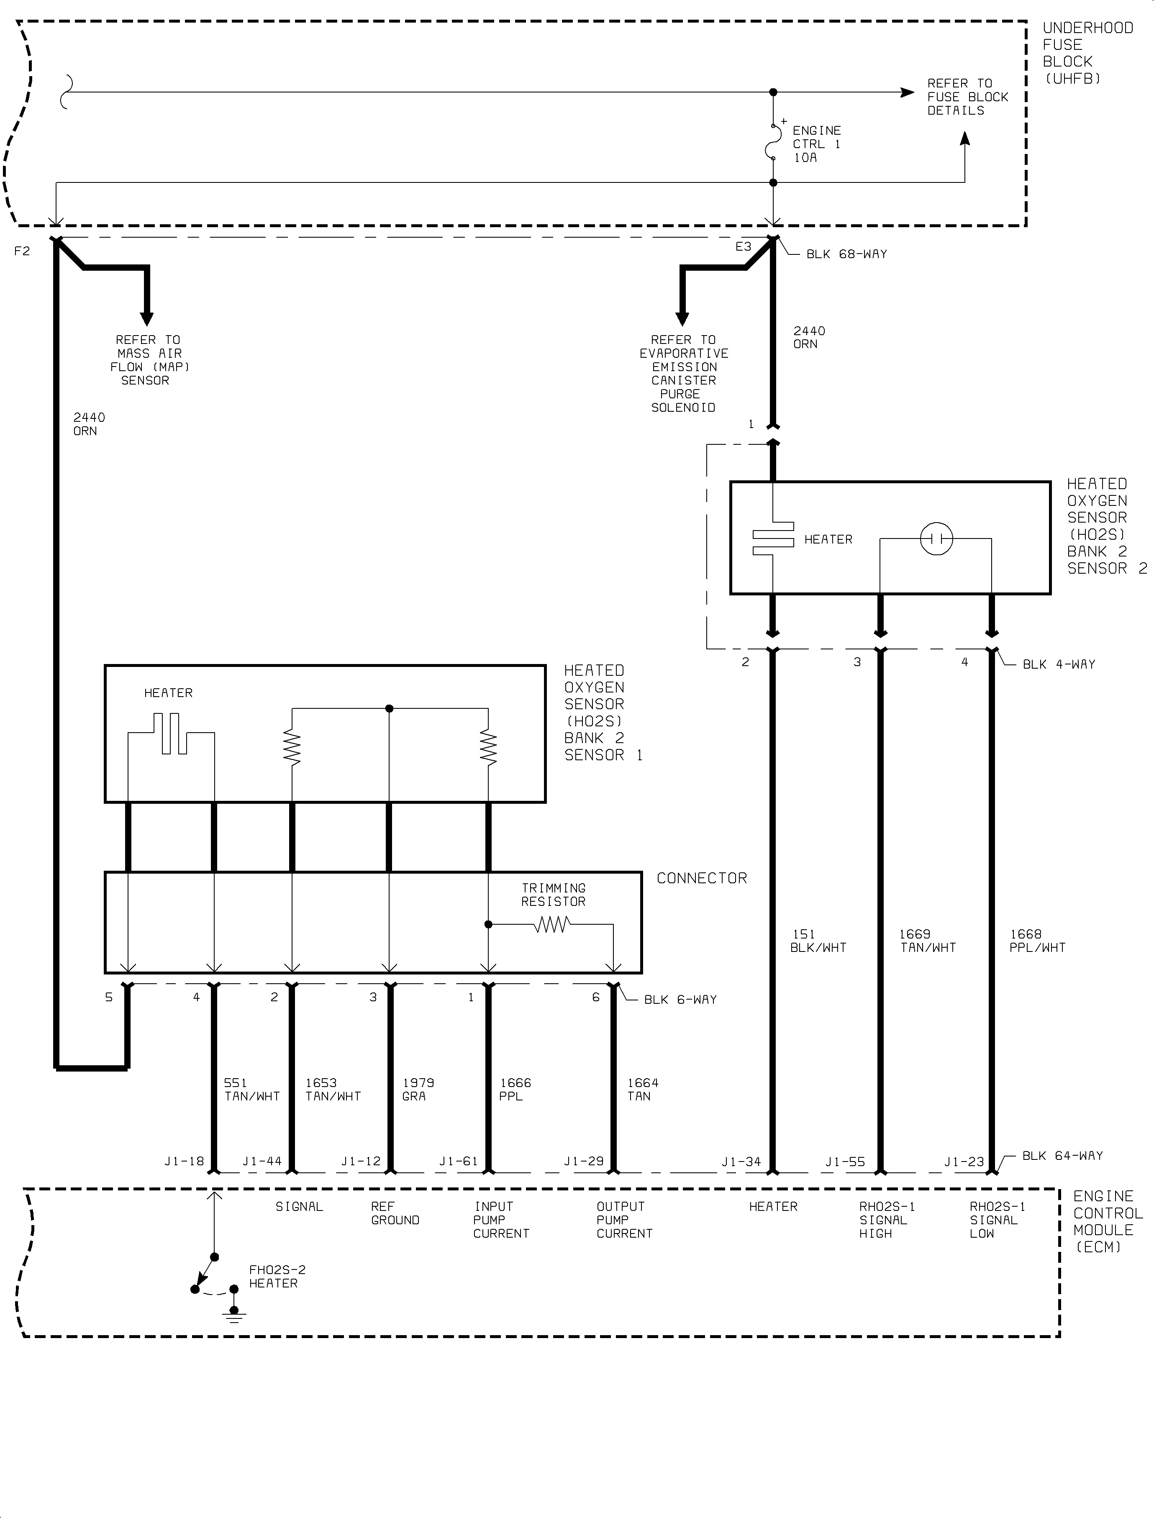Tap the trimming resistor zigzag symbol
coord(551,925)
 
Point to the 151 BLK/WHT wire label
coord(818,941)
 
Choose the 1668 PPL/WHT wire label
coord(1037,941)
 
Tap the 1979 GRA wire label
coord(418,1090)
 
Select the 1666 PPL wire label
coord(515,1090)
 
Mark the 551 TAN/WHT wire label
coord(252,1090)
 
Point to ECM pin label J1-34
coord(741,1162)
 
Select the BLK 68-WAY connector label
coord(846,254)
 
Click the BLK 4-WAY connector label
coord(1059,664)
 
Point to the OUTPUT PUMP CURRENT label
coord(624,1220)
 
